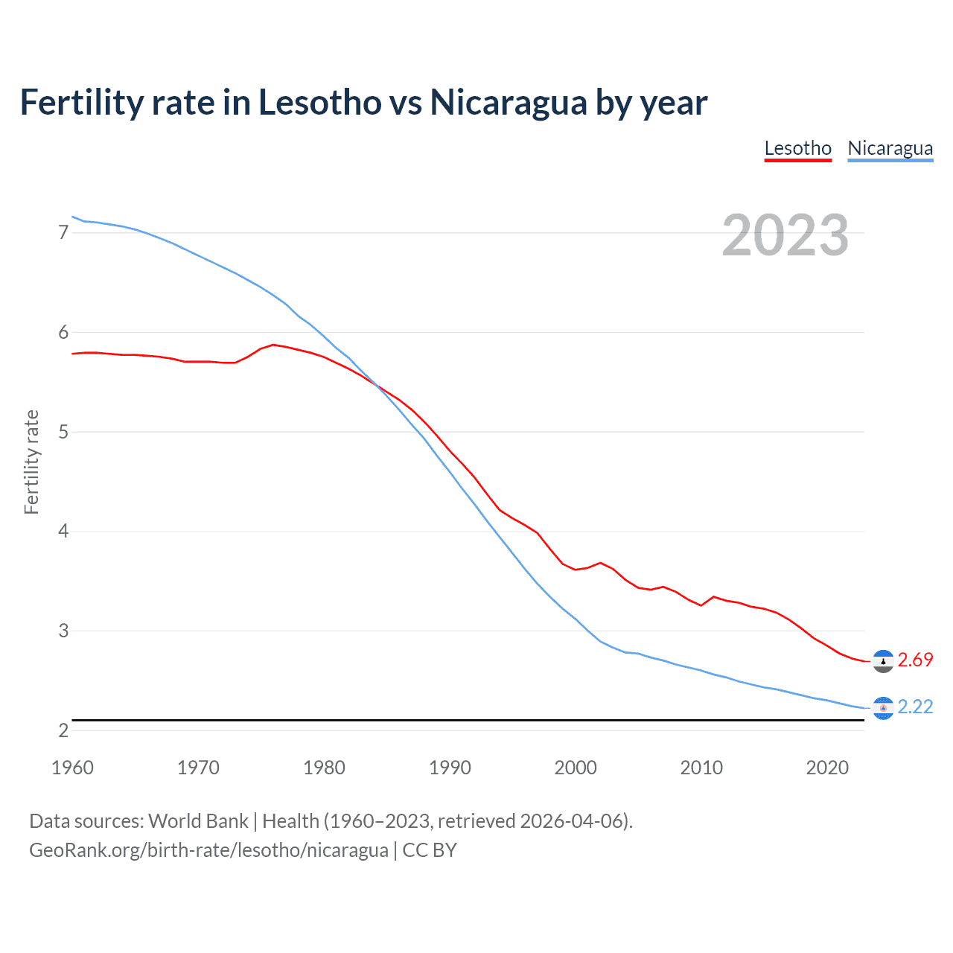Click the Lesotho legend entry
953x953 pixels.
click(x=797, y=148)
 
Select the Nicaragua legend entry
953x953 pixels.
click(x=890, y=148)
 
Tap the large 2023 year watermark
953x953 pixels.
click(x=785, y=235)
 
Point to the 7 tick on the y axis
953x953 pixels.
click(x=63, y=233)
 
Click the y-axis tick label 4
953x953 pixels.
click(x=63, y=532)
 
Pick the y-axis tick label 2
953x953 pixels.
click(x=63, y=730)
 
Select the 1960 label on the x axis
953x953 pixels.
click(x=72, y=768)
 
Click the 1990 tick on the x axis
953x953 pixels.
click(x=450, y=768)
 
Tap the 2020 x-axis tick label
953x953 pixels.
click(x=827, y=768)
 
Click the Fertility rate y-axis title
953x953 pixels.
click(x=31, y=462)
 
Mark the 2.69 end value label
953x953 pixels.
click(x=915, y=660)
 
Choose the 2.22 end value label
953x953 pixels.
click(x=915, y=707)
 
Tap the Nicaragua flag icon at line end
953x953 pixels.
click(x=883, y=708)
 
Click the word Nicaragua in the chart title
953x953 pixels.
click(x=508, y=103)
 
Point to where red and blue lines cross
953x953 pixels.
click(x=377, y=386)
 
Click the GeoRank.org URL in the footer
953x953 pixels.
click(x=208, y=850)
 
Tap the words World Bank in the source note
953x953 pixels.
click(x=198, y=821)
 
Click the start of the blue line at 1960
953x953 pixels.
click(x=72, y=217)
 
